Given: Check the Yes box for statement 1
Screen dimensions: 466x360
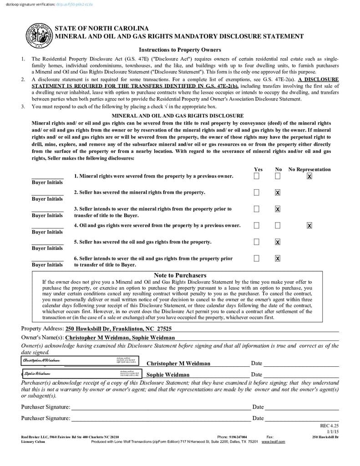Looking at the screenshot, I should pos(257,176).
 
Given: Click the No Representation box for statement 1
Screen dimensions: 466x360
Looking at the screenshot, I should pos(309,176).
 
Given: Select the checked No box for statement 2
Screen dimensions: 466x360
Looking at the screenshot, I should pos(278,192).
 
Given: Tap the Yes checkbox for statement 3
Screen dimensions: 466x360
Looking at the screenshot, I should pos(257,209).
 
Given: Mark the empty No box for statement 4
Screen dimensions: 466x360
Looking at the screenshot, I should pos(278,225).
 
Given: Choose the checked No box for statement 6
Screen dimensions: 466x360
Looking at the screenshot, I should pos(278,258).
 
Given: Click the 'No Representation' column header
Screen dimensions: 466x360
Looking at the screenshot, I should pos(309,169).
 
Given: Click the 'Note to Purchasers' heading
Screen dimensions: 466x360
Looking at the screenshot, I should pos(180,275).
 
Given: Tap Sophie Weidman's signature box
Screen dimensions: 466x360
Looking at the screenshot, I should pos(82,374).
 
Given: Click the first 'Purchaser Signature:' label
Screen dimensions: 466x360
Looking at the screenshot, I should pos(46,407).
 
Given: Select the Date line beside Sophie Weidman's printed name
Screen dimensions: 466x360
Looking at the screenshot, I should pos(300,375).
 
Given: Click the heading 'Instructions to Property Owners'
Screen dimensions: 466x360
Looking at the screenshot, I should pos(180,50).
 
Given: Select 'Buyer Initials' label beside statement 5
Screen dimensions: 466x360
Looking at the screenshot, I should pos(47,248).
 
